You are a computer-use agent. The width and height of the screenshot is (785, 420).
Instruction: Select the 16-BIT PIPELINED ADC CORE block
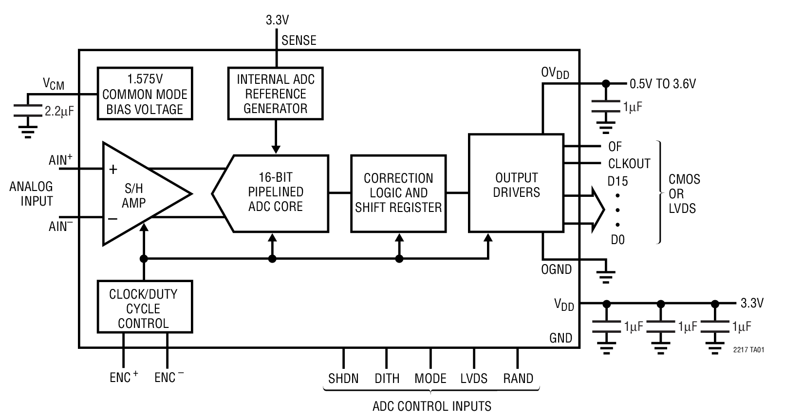pyautogui.click(x=276, y=192)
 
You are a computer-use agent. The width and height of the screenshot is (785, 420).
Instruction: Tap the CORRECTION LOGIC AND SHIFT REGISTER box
pyautogui.click(x=398, y=193)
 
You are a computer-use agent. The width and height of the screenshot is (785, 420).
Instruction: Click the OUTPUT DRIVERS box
pyautogui.click(x=516, y=185)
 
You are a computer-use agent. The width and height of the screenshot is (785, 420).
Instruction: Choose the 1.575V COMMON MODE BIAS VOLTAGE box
pyautogui.click(x=145, y=94)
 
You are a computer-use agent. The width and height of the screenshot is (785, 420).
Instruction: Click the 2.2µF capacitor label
pyautogui.click(x=59, y=112)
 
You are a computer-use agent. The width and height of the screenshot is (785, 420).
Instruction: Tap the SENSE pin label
pyautogui.click(x=299, y=40)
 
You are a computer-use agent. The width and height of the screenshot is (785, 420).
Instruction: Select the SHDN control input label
pyautogui.click(x=343, y=379)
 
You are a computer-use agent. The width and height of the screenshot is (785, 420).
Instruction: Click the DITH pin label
pyautogui.click(x=387, y=379)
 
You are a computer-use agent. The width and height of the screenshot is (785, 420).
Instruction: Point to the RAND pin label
pyautogui.click(x=518, y=379)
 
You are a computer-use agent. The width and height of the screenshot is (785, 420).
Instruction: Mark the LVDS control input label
pyautogui.click(x=474, y=379)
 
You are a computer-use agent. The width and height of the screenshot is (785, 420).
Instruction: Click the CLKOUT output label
pyautogui.click(x=629, y=164)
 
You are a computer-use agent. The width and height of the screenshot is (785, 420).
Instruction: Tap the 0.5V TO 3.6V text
pyautogui.click(x=662, y=84)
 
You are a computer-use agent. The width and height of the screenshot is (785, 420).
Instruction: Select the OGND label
pyautogui.click(x=556, y=269)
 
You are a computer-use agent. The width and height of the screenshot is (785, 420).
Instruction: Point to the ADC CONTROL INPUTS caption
pyautogui.click(x=431, y=406)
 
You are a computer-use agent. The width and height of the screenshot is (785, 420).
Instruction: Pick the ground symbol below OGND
pyautogui.click(x=606, y=276)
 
